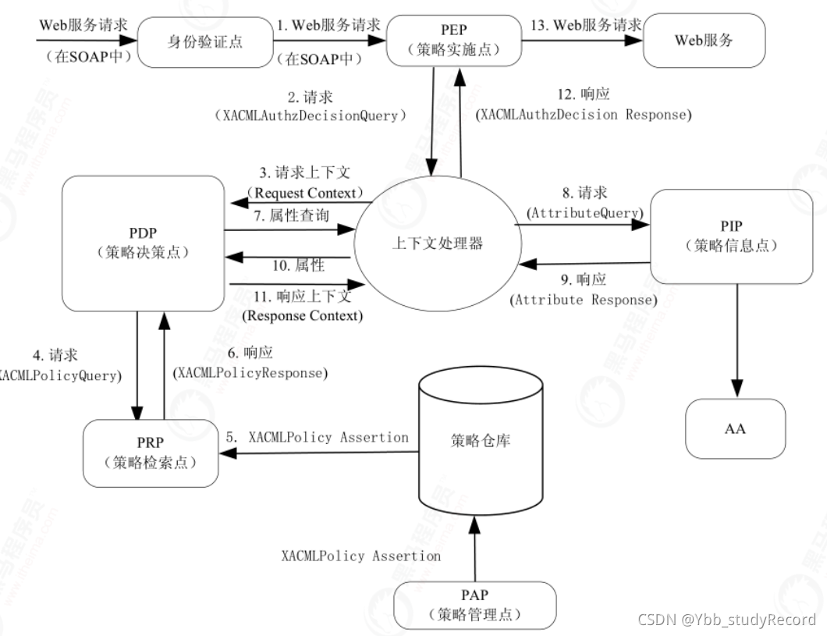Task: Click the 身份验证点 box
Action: [x=204, y=41]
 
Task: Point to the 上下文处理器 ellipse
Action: [x=437, y=243]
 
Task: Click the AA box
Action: [x=735, y=428]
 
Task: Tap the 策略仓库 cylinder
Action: [x=481, y=441]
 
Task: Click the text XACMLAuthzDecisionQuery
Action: [x=311, y=115]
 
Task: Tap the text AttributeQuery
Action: [x=585, y=211]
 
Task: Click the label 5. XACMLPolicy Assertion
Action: [x=318, y=437]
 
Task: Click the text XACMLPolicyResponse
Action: [x=249, y=373]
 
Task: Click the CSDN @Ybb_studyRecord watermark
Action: [x=726, y=620]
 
